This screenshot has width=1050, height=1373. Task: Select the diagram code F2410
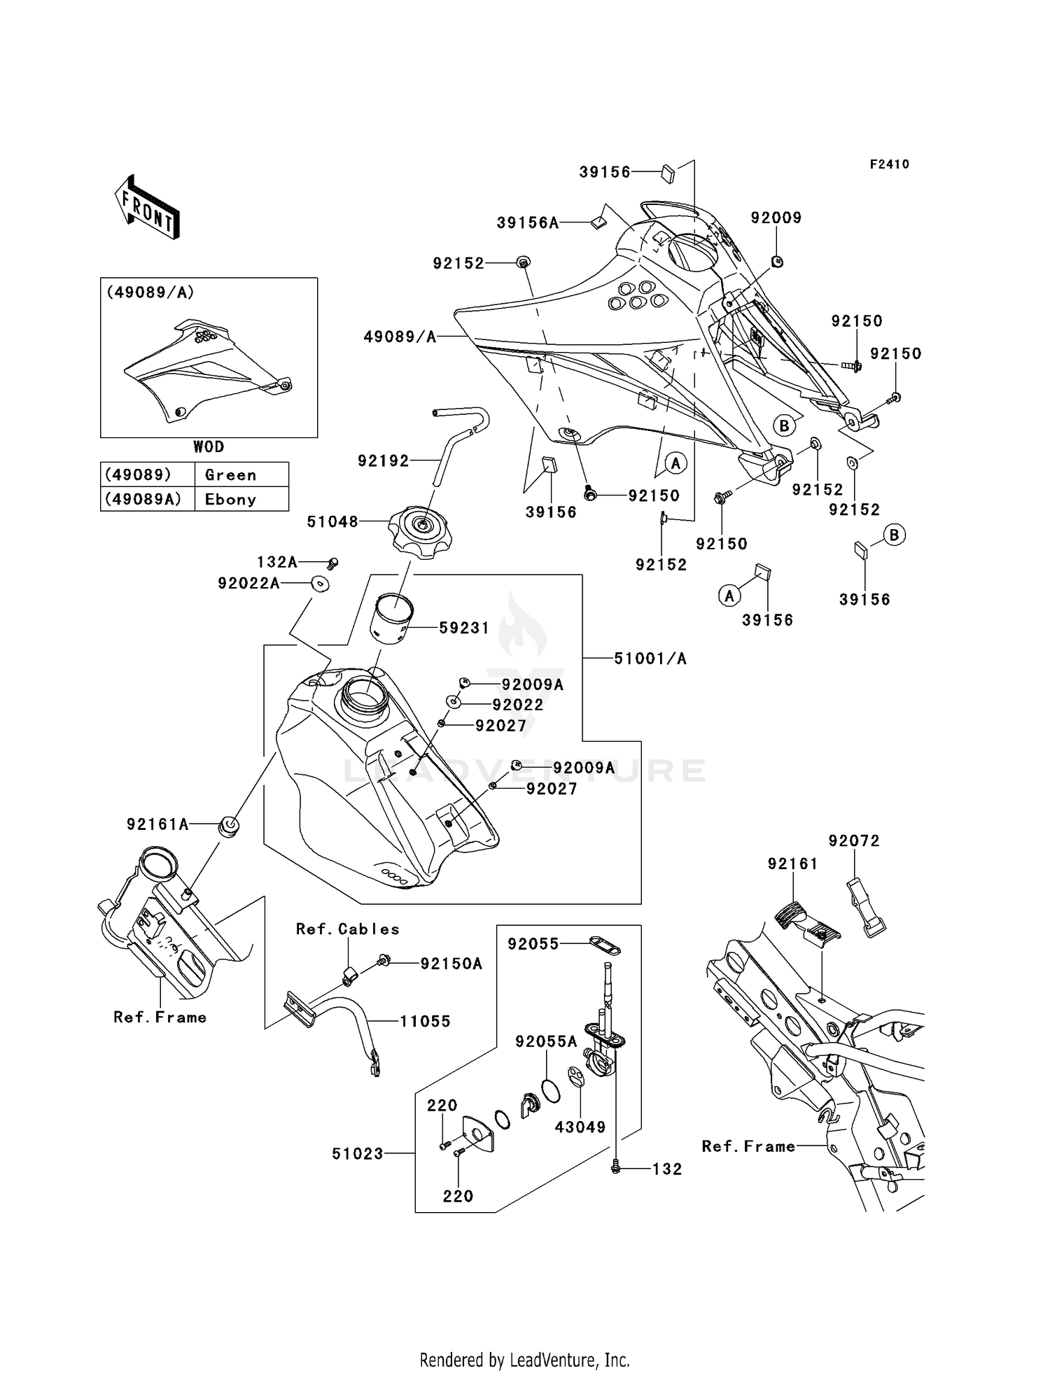pos(889,164)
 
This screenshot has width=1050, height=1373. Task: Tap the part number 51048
pos(332,521)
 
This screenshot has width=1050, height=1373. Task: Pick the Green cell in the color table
pos(231,475)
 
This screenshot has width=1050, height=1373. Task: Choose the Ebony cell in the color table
pos(231,500)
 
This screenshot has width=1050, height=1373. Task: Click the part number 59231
pos(463,628)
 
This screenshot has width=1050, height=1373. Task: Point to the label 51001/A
pos(650,659)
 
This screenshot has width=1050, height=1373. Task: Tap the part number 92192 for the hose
pos(383,461)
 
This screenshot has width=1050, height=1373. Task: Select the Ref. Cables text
pos(347,929)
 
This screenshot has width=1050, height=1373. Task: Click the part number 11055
pos(425,1021)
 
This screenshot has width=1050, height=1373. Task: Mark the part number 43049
pos(580,1127)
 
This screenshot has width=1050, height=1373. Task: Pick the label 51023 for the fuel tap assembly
pos(358,1153)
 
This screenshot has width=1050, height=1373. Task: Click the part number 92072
pos(854,840)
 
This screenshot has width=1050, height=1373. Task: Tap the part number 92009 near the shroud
pos(776,218)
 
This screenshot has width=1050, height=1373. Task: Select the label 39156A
pos(528,223)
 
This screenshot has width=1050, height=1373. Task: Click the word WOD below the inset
pos(209,446)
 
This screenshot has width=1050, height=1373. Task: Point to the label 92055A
pos(546,1041)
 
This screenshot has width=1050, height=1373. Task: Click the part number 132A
pos(277,562)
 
